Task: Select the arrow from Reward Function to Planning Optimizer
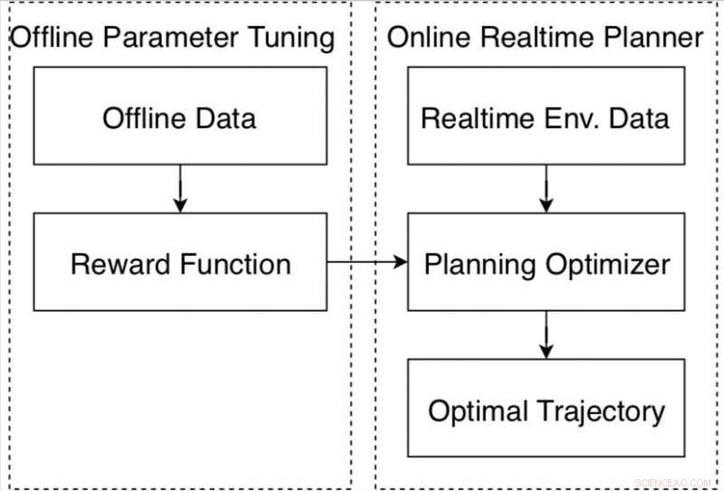pyautogui.click(x=367, y=262)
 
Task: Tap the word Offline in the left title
pyautogui.click(x=51, y=38)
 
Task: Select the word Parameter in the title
pyautogui.click(x=167, y=38)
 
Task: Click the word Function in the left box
pyautogui.click(x=236, y=264)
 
